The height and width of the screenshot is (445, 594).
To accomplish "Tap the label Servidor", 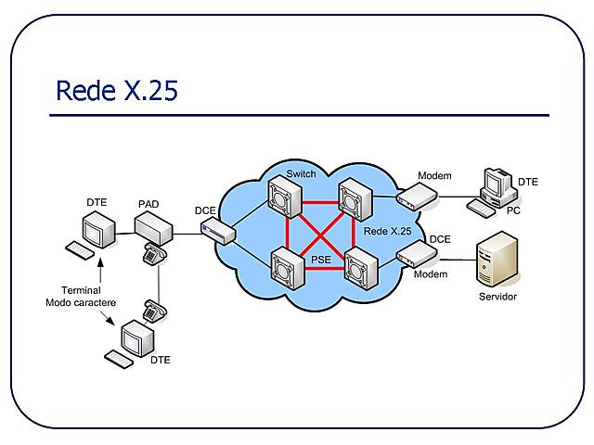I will click(x=497, y=297).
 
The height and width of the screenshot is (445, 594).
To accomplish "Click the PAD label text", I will click(x=148, y=203).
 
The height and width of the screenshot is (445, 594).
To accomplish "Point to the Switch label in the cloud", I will click(x=302, y=174).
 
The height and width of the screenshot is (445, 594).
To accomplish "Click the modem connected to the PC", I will click(x=416, y=196).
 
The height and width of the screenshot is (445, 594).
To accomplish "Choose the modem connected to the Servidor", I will click(x=416, y=253).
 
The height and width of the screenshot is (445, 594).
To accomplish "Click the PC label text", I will click(x=513, y=210).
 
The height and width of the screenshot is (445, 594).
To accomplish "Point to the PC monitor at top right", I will click(x=494, y=184).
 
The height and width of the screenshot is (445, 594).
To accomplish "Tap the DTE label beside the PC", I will click(x=527, y=182).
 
